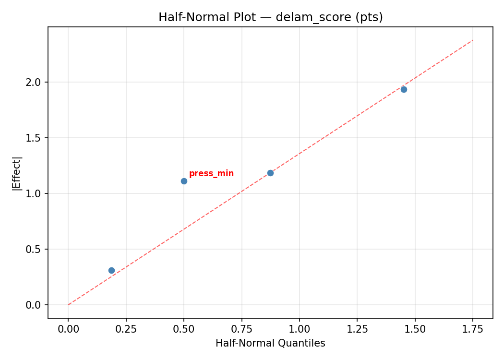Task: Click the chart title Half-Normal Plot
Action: point(270,17)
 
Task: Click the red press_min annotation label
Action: point(211,174)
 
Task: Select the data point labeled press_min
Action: point(184,181)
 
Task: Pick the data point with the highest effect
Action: point(404,89)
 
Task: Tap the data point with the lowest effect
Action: point(111,270)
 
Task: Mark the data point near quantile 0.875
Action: point(270,173)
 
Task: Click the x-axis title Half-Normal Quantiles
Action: point(270,343)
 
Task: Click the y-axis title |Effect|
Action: point(17,173)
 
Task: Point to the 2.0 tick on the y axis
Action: point(35,82)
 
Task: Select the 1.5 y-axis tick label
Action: point(35,138)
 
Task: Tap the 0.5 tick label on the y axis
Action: point(35,249)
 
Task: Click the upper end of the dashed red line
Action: point(473,40)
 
